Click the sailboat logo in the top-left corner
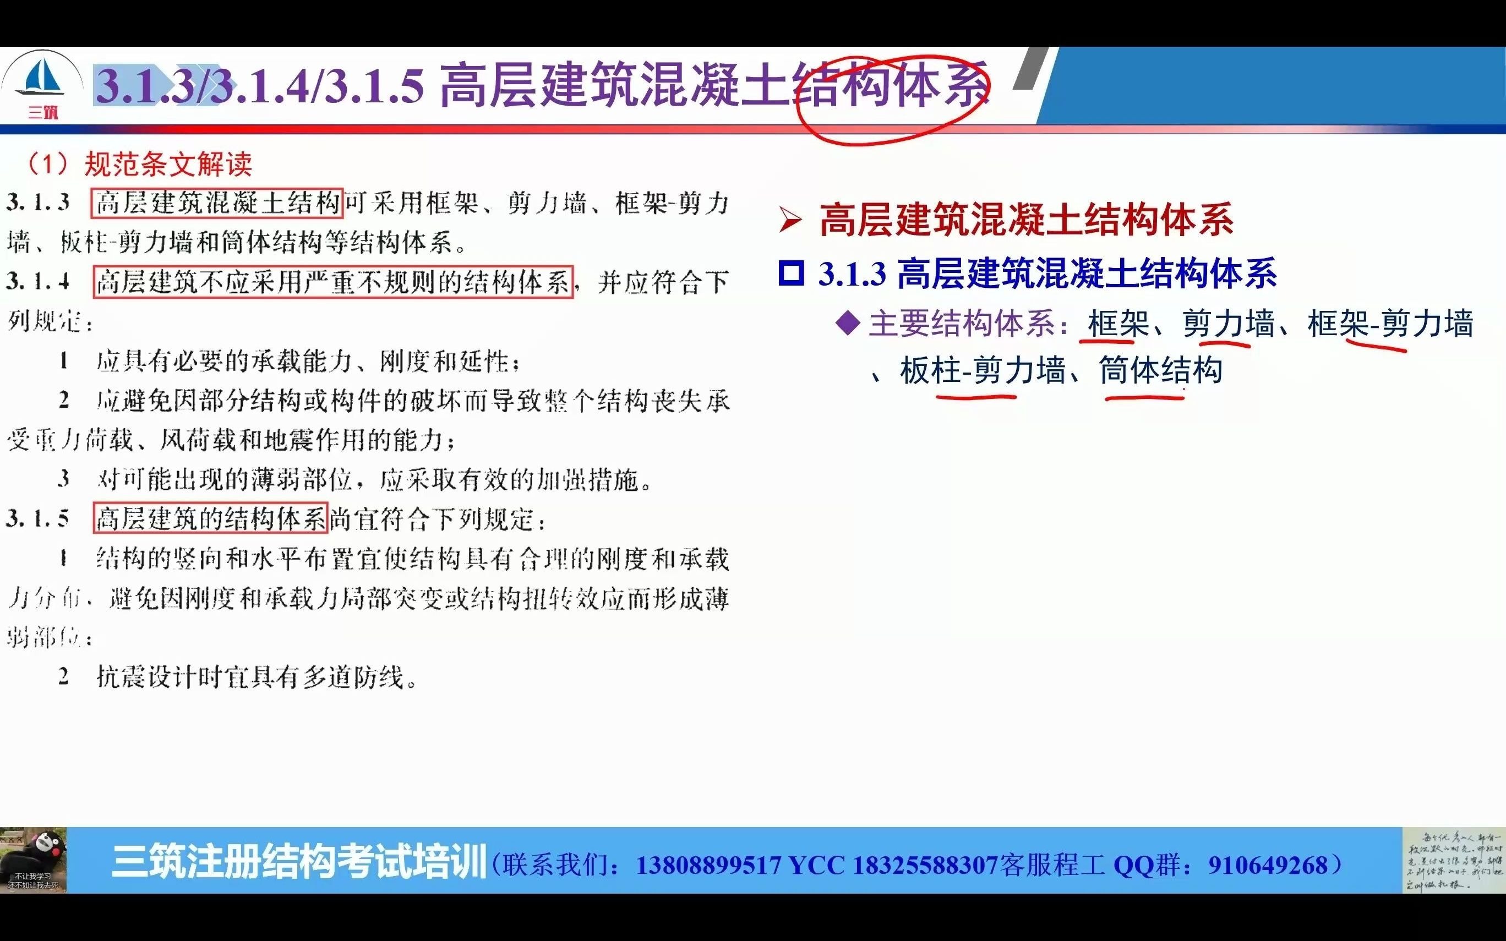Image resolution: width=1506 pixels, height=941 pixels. pos(42,78)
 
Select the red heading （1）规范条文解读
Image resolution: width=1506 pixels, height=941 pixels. pos(139,165)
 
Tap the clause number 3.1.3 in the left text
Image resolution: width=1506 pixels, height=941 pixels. pos(39,203)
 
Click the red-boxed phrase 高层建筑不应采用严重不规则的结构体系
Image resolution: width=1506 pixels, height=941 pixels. pos(334,282)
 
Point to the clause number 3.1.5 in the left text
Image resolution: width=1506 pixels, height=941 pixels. pos(39,518)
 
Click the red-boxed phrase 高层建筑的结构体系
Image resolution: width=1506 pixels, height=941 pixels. pos(210,518)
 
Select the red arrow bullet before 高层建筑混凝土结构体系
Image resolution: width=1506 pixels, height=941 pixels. pos(790,221)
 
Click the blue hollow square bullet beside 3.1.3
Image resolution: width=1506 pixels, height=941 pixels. pos(791,274)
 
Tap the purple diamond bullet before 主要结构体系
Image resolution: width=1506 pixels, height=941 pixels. pos(848,322)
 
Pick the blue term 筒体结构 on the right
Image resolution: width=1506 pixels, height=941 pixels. pos(1161,371)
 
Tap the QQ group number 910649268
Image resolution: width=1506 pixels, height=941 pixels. pos(1268,865)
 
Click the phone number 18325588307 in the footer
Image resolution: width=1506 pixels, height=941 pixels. pos(925,865)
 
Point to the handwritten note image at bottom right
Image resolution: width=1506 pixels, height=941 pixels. pos(1453,861)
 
